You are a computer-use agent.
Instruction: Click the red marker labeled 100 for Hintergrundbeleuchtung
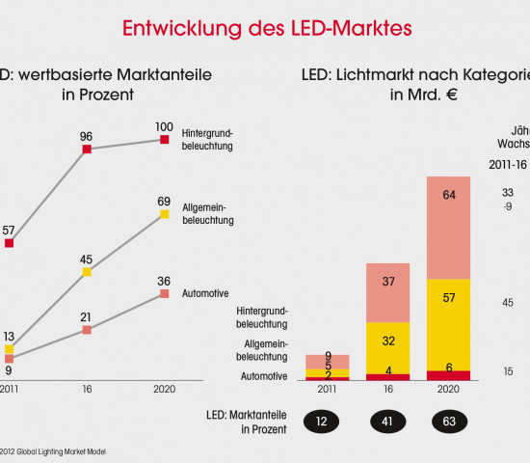coord(165,140)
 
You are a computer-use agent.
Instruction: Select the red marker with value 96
coord(87,150)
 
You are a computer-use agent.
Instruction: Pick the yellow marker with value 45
coord(87,272)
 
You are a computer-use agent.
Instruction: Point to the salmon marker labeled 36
coord(165,293)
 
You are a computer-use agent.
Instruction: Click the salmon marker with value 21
coord(87,329)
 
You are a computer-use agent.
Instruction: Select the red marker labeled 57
coord(9,243)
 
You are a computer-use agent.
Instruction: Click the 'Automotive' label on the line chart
coord(205,292)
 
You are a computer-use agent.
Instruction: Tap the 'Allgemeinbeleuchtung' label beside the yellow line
coord(208,214)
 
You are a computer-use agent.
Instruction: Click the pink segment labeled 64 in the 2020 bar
coord(448,228)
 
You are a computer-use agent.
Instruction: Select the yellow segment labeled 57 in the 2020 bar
coord(448,324)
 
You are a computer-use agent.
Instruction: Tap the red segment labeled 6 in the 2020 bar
coord(448,375)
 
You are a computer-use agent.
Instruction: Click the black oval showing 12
coord(327,421)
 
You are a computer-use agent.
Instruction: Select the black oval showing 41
coord(387,421)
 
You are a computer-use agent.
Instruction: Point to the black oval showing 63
coord(449,421)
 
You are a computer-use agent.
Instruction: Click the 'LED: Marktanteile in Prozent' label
coord(248,421)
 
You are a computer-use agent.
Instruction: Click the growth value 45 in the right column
coord(508,302)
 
